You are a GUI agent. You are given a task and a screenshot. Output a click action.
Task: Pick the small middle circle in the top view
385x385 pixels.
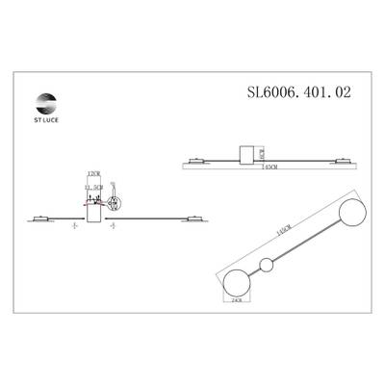[x=266, y=266]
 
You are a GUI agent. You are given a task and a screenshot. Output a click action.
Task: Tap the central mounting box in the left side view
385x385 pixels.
[x=93, y=208]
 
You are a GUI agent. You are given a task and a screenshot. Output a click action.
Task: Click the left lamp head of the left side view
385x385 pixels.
[x=39, y=218]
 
